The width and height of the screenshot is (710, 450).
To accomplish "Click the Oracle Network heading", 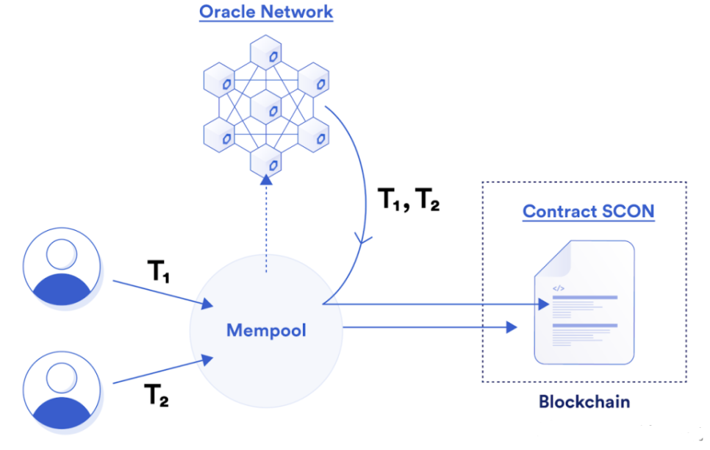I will [x=265, y=12].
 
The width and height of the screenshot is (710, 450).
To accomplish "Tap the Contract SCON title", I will [x=588, y=212].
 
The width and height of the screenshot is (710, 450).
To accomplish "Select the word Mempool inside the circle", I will [x=266, y=330].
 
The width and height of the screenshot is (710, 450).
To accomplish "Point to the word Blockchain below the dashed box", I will [x=584, y=402].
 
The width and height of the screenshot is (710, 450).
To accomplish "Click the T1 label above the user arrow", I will [x=159, y=273].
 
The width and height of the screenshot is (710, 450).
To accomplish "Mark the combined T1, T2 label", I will [x=408, y=199].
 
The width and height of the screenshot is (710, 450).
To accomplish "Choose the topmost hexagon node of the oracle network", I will [x=265, y=54].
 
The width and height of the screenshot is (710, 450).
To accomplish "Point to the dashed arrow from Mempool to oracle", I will [x=266, y=228].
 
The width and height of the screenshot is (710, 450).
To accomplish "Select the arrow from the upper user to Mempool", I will [x=158, y=292].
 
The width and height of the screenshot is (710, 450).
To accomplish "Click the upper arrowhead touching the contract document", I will [x=543, y=303].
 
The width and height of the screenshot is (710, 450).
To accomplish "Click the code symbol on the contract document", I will [x=558, y=288].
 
